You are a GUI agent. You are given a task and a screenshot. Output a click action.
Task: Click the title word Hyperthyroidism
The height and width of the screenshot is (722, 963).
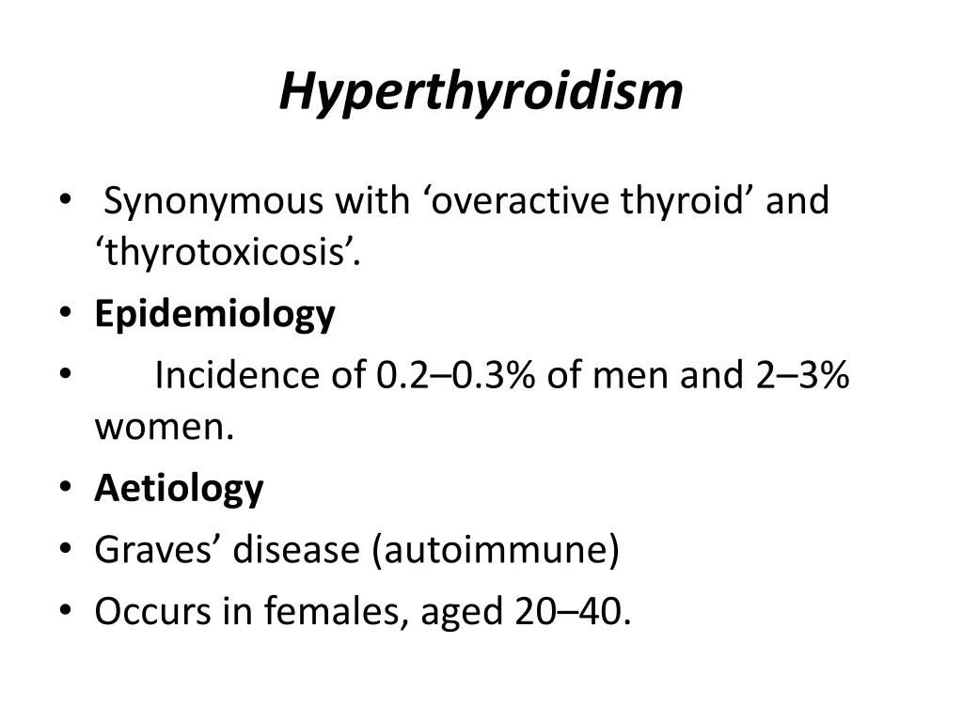pos(481,92)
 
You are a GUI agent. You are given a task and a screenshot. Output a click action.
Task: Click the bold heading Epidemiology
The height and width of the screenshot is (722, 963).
pos(214,314)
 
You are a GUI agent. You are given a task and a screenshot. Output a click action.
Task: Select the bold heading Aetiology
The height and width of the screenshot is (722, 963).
pos(179,489)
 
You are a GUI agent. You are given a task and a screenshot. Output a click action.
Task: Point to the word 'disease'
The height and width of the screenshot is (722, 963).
pos(296,550)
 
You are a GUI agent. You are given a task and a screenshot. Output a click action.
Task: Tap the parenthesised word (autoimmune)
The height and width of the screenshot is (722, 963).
pos(496,550)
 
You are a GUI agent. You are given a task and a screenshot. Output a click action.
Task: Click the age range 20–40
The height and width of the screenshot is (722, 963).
pos(568,612)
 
